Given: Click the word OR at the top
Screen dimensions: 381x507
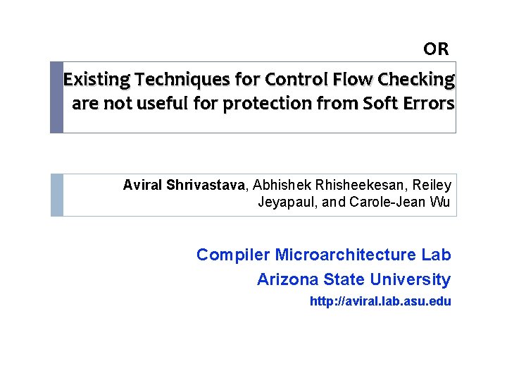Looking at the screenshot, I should tap(436, 49).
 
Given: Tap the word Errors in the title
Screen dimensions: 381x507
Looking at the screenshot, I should tap(428, 104).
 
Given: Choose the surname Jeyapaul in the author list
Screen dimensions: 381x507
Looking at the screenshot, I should tap(285, 203).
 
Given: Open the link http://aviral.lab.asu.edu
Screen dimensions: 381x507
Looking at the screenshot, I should tap(380, 301).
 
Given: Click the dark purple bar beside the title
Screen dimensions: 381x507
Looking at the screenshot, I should tap(56, 97).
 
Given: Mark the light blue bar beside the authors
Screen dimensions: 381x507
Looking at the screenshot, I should tap(56, 195).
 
